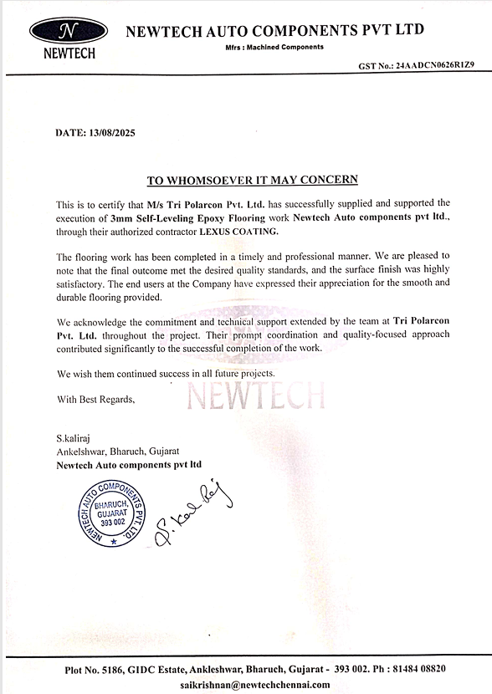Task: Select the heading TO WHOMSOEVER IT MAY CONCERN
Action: point(253,180)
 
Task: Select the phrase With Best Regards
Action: point(95,399)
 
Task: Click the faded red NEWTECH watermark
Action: point(255,393)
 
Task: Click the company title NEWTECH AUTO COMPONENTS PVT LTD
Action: point(274,30)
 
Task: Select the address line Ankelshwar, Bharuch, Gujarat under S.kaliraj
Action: point(111,451)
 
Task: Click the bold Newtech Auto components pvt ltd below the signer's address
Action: point(129,463)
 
